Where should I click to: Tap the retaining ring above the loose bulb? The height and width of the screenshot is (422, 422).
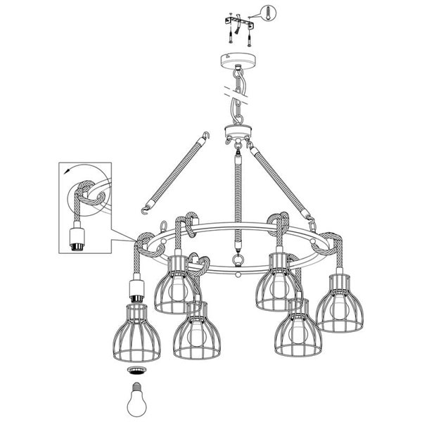coord(133,370)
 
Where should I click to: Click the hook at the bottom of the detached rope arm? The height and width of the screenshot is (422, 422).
coord(146,207)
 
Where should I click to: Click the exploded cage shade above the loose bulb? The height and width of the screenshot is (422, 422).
coord(133,331)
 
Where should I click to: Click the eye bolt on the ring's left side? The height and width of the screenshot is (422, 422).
coord(163,227)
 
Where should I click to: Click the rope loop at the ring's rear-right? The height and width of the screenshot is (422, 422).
coord(282,219)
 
